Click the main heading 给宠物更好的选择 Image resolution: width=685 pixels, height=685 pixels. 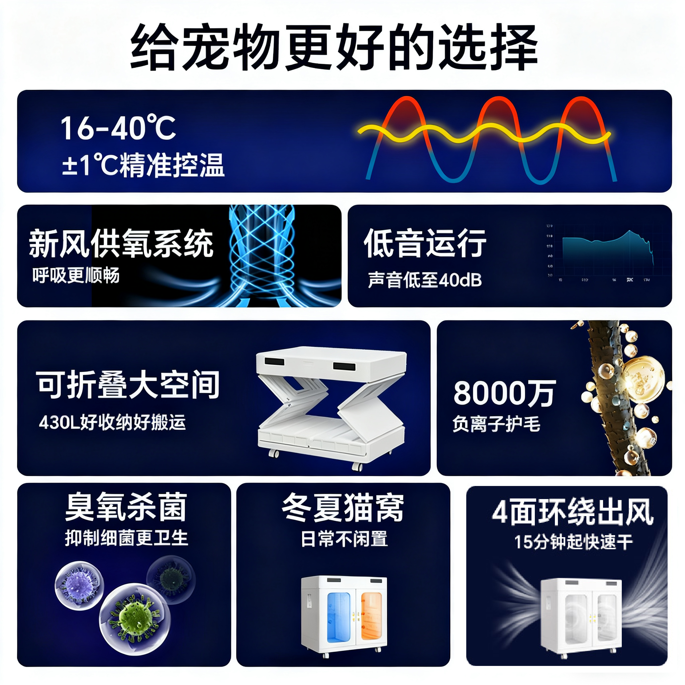pos(334,47)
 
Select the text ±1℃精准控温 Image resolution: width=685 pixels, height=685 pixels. pos(143,165)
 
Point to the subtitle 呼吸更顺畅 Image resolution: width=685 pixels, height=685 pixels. pos(76,275)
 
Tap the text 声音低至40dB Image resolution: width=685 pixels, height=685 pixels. pos(425,280)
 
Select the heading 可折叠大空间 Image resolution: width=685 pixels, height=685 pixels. pos(128,385)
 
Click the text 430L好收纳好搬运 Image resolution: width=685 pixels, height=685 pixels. pos(112,422)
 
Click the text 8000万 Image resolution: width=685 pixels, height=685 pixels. pos(504,393)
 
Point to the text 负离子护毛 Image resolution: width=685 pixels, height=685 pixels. pos(496,424)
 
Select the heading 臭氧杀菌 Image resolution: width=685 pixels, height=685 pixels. pos(126,507)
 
